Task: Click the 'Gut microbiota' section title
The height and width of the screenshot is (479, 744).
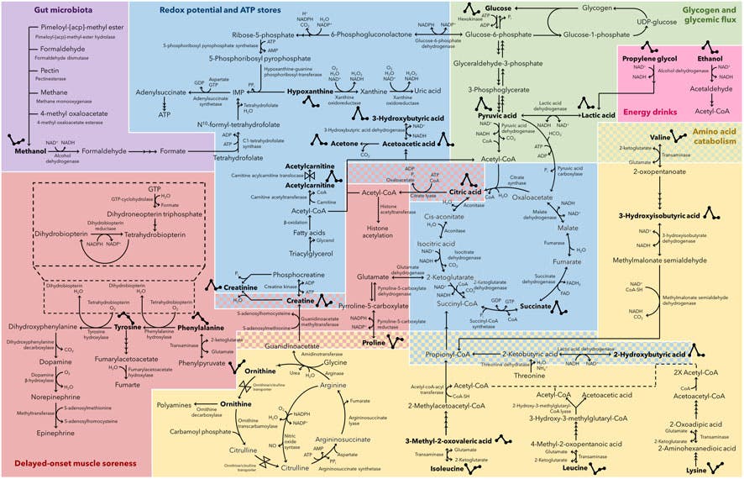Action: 39,9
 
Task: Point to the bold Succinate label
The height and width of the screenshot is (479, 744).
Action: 536,307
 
